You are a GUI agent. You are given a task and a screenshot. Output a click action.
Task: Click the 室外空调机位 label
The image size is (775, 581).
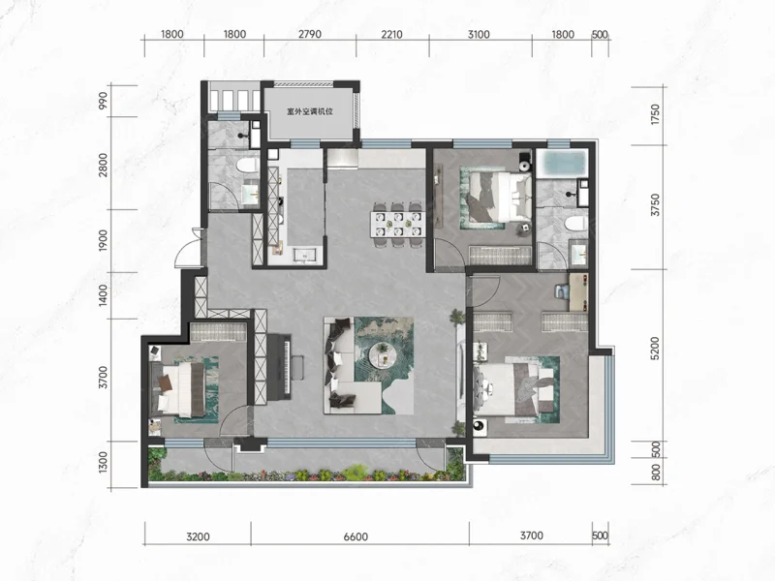(310, 111)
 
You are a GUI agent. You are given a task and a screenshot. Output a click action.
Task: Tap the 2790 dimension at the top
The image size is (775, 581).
(310, 35)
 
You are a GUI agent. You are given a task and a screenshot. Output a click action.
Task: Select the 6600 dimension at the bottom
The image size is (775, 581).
(356, 536)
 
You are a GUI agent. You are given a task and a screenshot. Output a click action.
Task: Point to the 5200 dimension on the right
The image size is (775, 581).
(655, 349)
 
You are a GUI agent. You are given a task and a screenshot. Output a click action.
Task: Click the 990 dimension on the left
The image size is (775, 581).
(103, 101)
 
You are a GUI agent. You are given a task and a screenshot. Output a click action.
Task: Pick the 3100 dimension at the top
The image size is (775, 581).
(479, 35)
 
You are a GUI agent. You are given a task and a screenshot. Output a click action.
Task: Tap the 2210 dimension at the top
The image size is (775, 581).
(391, 35)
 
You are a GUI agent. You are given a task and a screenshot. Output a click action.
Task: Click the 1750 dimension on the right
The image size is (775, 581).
(655, 114)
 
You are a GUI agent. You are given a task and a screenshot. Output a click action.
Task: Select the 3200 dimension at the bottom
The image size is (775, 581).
(199, 536)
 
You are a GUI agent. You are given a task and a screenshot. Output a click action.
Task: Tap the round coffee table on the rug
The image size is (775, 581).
(383, 354)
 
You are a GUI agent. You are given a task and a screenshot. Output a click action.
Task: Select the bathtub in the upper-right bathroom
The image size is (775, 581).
(562, 164)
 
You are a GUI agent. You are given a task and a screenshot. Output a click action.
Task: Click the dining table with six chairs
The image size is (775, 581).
(398, 224)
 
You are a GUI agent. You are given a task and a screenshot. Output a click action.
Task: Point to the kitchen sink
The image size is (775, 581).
(305, 256)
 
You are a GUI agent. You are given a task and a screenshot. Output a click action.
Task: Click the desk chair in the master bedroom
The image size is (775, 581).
(562, 291)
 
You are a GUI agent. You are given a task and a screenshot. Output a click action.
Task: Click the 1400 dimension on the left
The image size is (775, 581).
(103, 295)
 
